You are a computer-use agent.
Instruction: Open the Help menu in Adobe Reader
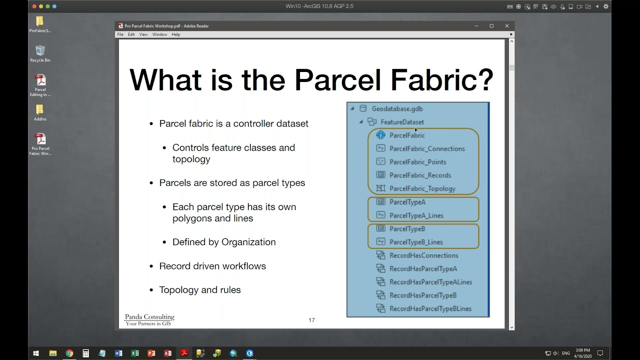175,34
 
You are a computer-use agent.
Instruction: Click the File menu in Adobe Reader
120,34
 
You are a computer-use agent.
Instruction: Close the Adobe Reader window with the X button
506,26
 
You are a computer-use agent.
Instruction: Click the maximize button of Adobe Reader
491,26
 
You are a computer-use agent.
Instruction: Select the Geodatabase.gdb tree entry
397,108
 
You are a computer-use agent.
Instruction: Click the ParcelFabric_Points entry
417,162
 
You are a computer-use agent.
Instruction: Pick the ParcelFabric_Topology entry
422,188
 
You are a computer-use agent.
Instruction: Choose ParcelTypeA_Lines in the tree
416,215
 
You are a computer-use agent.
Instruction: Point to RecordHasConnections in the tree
423,255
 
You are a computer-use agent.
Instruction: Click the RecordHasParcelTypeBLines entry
430,308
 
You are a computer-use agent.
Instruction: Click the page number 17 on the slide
311,320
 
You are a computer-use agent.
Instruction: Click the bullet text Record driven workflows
212,266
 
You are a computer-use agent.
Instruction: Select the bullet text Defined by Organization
224,242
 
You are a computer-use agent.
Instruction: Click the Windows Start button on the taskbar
36,353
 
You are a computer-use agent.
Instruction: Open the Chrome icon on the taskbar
69,353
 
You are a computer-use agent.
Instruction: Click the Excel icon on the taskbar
134,353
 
